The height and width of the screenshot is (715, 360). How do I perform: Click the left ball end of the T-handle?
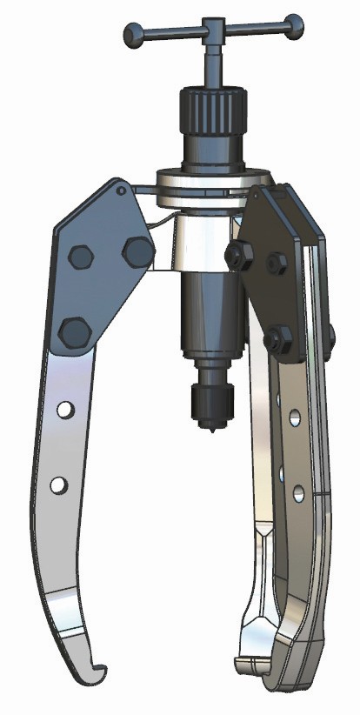coord(131,36)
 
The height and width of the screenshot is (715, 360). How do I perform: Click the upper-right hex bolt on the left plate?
coord(137,251)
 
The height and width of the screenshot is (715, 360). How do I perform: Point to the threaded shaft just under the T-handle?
coord(211,65)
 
